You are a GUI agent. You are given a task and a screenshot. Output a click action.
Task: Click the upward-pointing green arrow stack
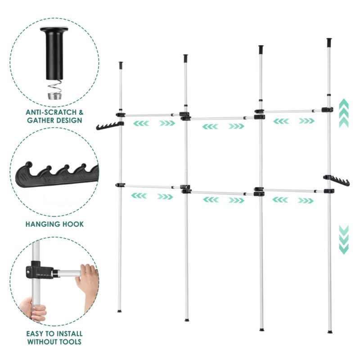coord(344,113)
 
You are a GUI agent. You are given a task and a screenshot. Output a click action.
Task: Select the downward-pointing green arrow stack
coord(344,240)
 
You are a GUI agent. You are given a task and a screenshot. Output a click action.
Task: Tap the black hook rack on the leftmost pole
coord(110,126)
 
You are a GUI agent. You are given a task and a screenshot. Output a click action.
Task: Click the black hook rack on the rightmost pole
coord(336,180)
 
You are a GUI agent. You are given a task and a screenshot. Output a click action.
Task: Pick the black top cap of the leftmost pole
coord(121,65)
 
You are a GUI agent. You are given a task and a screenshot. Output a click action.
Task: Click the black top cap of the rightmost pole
coord(329,42)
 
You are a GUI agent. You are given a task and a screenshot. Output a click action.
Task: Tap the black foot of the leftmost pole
coord(119,311)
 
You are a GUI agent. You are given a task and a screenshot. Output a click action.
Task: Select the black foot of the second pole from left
coord(187,320)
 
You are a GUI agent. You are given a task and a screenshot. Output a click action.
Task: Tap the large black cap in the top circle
coord(54,53)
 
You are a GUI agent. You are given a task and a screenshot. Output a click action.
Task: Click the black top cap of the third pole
coord(261,49)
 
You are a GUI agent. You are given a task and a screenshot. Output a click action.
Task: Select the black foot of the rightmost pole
coord(330,332)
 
